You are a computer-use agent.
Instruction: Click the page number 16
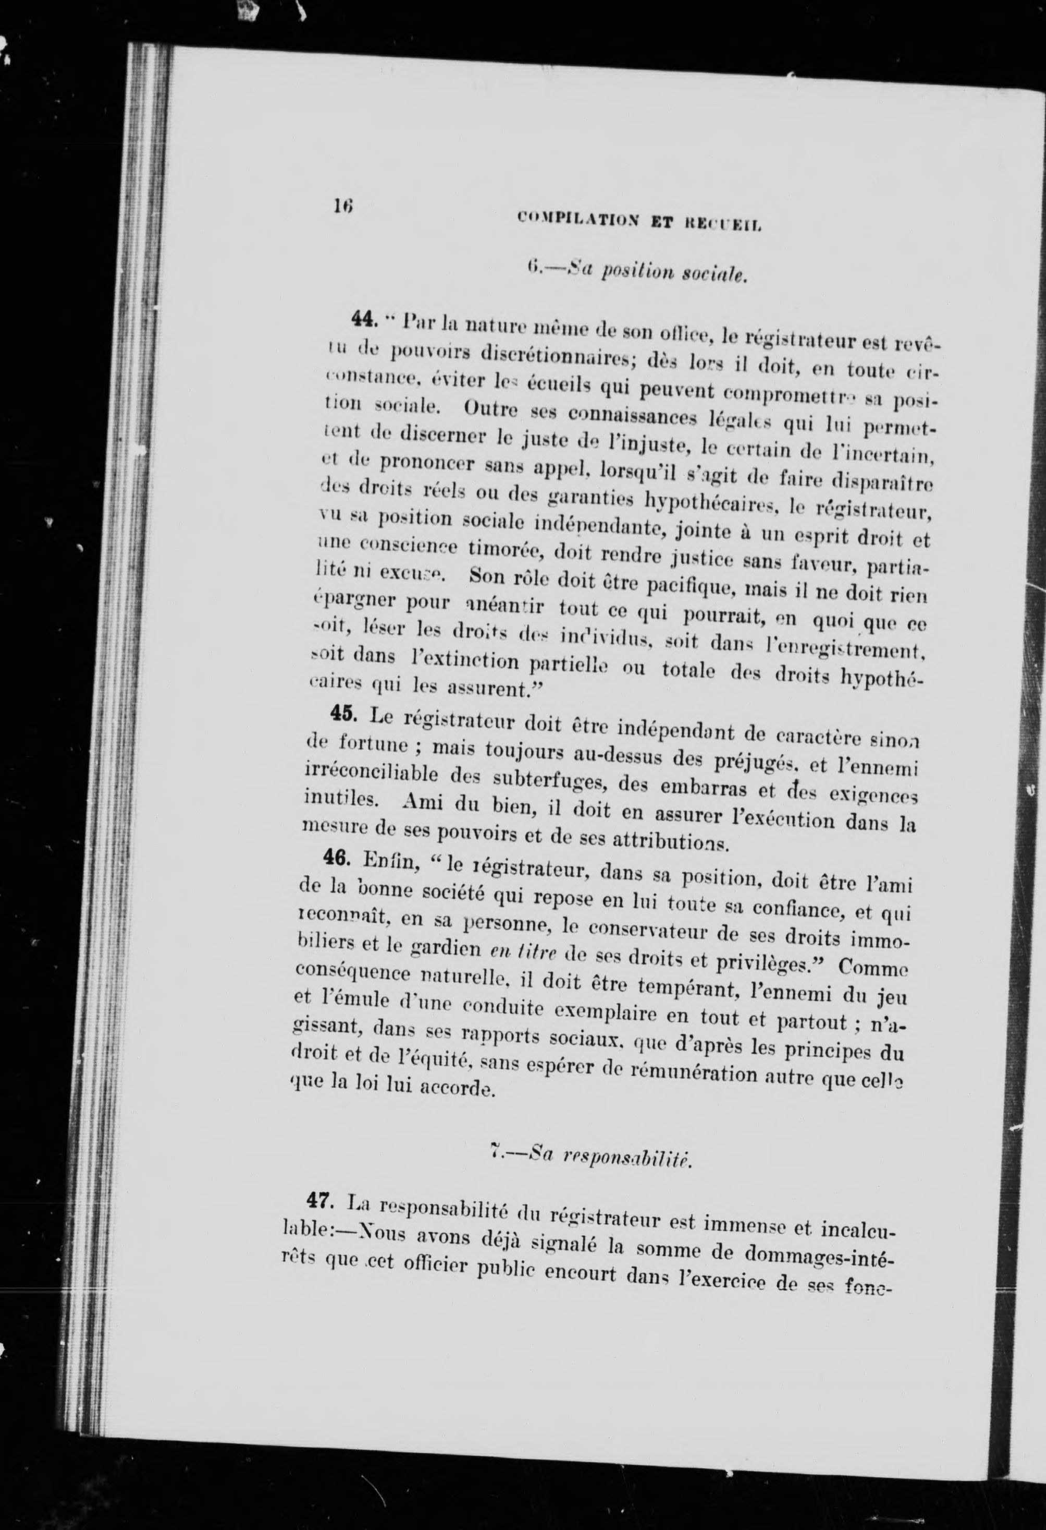(343, 206)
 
